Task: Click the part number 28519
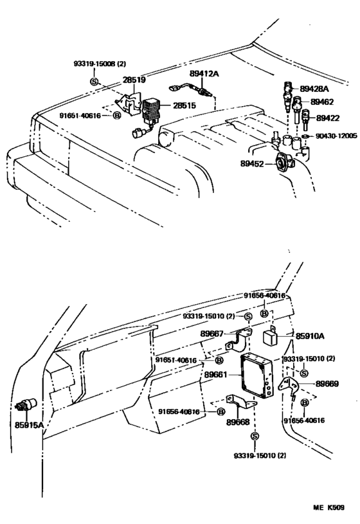134,80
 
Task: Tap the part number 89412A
204,75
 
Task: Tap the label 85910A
309,335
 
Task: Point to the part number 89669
327,383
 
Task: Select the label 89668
239,422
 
